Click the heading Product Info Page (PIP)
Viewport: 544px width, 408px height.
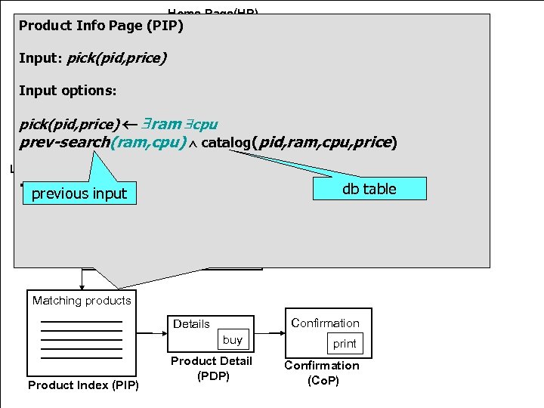tap(101, 26)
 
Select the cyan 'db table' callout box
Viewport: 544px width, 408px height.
tap(369, 189)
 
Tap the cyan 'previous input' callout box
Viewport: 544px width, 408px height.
tap(79, 193)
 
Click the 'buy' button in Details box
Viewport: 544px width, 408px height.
tap(233, 340)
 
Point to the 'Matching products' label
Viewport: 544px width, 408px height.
tap(82, 301)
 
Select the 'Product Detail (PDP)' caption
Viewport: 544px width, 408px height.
tap(211, 368)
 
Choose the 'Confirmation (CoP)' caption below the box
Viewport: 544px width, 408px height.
tap(322, 372)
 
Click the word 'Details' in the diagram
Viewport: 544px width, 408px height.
tap(191, 324)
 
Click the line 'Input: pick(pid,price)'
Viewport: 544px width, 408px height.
tap(92, 58)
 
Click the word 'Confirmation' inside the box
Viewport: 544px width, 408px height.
tap(325, 323)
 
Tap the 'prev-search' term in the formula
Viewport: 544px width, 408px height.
tap(64, 142)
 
